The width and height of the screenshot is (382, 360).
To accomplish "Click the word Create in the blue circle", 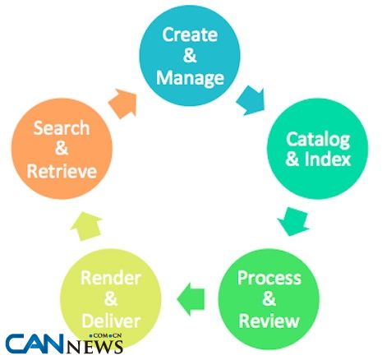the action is pyautogui.click(x=190, y=35).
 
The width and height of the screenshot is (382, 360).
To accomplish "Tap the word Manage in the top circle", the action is pyautogui.click(x=190, y=78).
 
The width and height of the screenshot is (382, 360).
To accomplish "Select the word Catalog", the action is pyautogui.click(x=318, y=140).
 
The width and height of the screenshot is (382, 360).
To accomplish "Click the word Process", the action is pyautogui.click(x=269, y=278).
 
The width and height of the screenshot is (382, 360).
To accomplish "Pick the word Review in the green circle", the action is pyautogui.click(x=269, y=321).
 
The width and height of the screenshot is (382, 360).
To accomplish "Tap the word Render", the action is pyautogui.click(x=111, y=278).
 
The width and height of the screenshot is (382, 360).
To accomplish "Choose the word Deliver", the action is pyautogui.click(x=111, y=321).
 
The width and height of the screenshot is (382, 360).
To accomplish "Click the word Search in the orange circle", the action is pyautogui.click(x=62, y=128).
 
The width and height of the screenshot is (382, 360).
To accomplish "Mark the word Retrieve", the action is pyautogui.click(x=62, y=171).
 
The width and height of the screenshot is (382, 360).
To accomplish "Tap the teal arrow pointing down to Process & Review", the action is pyautogui.click(x=293, y=221).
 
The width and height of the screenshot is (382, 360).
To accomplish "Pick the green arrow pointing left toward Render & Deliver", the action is pyautogui.click(x=191, y=299).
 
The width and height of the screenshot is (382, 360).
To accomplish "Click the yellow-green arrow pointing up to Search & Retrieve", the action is pyautogui.click(x=86, y=226).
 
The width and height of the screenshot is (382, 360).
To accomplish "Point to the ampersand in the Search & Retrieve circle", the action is pyautogui.click(x=62, y=150).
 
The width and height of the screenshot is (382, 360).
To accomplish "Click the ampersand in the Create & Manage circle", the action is pyautogui.click(x=190, y=56).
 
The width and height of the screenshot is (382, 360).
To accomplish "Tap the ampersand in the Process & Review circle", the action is pyautogui.click(x=269, y=299).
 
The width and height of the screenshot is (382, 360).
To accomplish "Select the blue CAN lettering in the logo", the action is pyautogui.click(x=35, y=344).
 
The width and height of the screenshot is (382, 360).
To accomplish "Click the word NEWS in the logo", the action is pyautogui.click(x=94, y=347).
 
